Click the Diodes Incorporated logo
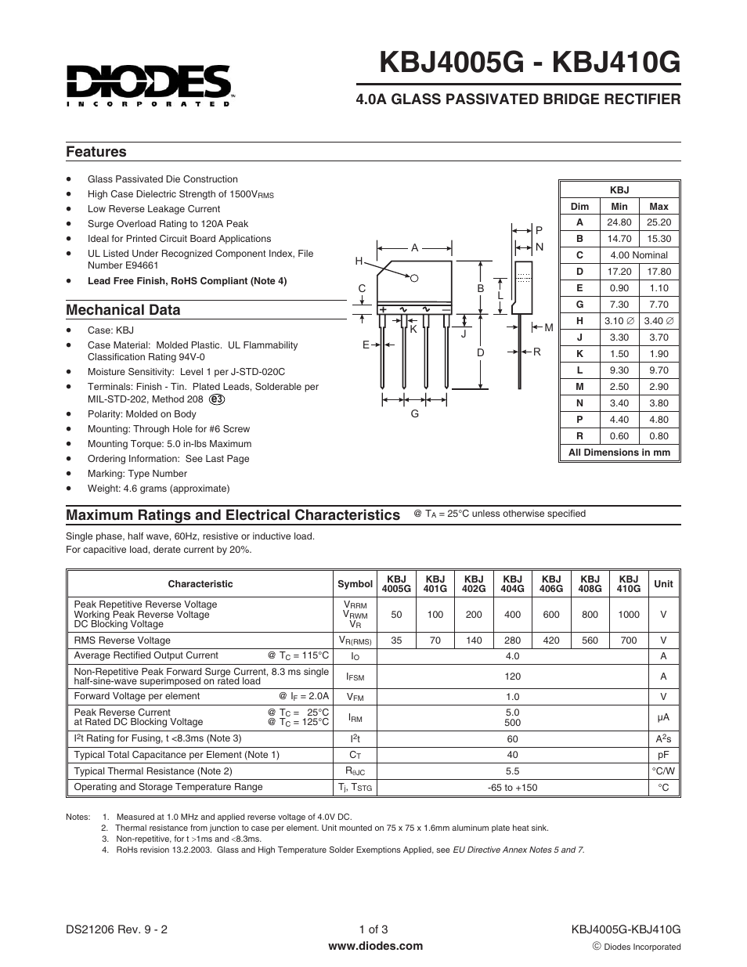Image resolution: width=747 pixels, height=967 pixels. click(x=149, y=84)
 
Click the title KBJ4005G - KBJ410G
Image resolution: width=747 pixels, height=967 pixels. click(x=529, y=62)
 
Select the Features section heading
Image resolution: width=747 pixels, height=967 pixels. click(x=96, y=152)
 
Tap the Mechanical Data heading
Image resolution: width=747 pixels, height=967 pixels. click(x=123, y=310)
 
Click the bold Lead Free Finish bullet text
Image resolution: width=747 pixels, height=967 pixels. click(x=187, y=281)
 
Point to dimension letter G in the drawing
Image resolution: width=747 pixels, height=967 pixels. click(x=415, y=413)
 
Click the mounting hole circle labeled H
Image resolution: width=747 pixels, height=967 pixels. click(x=415, y=278)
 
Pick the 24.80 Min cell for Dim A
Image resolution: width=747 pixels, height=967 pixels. click(x=619, y=222)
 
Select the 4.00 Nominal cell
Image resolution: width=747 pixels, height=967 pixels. click(x=639, y=255)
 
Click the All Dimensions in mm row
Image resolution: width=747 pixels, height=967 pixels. click(x=619, y=453)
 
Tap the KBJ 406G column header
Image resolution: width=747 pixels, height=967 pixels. click(x=551, y=584)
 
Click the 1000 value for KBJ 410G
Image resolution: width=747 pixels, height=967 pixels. click(x=628, y=615)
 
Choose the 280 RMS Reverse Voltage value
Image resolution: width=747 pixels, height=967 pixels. click(x=512, y=640)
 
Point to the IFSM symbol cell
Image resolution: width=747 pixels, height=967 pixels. click(x=355, y=677)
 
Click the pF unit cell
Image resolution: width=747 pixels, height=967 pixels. click(x=663, y=755)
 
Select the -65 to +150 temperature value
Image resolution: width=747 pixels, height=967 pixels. click(x=512, y=788)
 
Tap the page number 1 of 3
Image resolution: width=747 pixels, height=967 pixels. click(x=373, y=930)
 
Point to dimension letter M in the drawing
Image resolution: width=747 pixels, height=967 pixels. click(x=549, y=327)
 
